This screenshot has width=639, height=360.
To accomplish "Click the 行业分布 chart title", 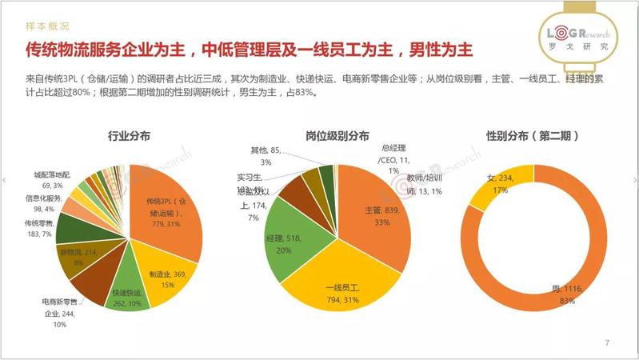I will point(129,137).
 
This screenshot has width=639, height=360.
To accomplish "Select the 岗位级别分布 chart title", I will point(337,137).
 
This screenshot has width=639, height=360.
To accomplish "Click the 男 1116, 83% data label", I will point(569,294).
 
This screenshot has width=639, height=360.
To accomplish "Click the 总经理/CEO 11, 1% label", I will point(393,159).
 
